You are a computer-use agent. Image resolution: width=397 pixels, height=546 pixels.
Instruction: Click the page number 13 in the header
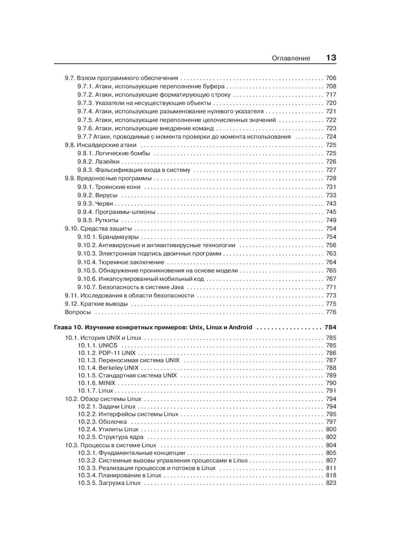click(331, 58)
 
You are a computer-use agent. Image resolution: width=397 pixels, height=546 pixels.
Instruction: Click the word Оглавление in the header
click(291, 58)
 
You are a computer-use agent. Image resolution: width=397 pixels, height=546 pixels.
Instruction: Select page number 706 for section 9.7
click(331, 78)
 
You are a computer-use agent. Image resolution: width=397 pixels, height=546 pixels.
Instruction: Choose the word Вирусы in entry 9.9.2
click(106, 195)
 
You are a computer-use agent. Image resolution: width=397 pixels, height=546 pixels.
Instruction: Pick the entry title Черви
click(104, 204)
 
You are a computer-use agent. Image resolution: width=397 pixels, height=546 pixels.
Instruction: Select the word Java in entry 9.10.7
click(177, 287)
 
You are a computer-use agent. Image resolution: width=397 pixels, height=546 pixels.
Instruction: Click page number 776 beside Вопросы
click(331, 312)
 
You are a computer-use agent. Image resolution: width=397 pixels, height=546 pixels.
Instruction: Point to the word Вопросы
click(78, 312)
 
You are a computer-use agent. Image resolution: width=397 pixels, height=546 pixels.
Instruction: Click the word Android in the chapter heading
click(239, 328)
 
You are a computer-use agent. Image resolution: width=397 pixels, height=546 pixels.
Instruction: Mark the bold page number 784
click(330, 328)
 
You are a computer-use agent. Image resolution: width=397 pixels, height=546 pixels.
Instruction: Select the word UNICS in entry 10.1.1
click(108, 346)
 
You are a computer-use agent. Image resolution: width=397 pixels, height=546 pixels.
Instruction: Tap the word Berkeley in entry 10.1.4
click(110, 368)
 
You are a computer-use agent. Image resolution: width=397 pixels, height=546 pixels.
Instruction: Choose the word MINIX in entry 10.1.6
click(107, 383)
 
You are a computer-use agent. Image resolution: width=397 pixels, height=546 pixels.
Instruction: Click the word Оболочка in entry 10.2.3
click(113, 422)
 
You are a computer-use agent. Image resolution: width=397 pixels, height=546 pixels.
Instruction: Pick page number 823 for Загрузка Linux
click(331, 483)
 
